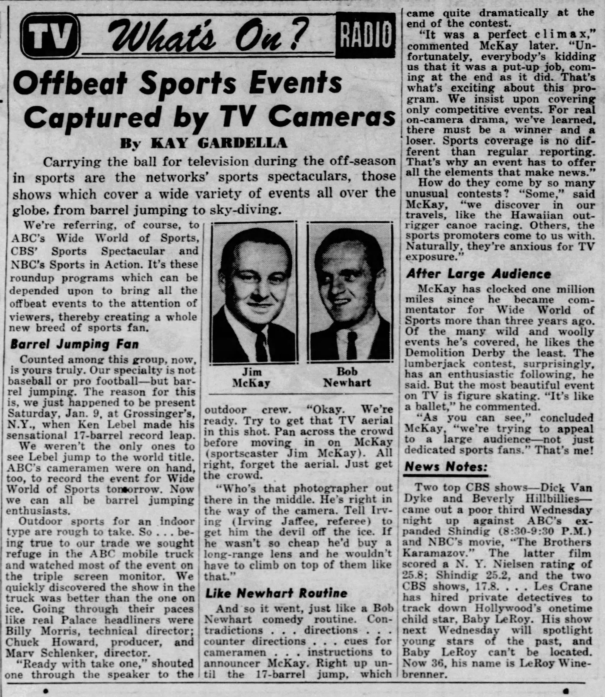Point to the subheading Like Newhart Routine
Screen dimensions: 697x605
click(276, 593)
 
